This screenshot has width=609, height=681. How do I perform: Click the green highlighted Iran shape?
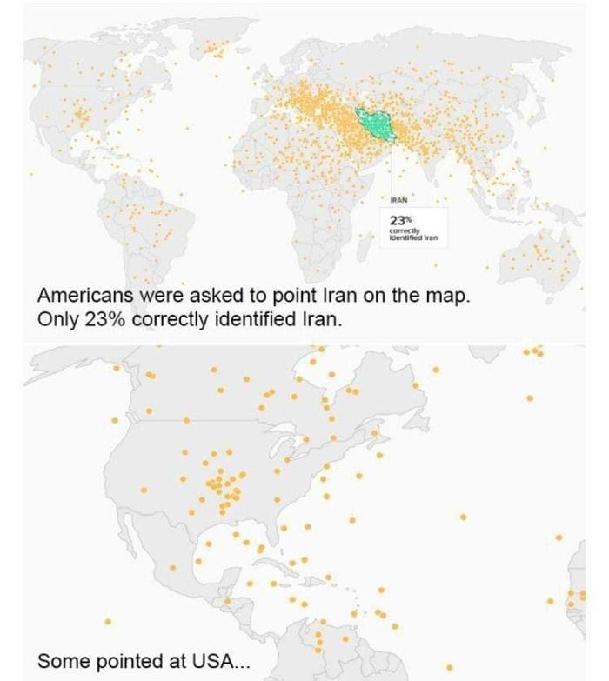tap(376, 126)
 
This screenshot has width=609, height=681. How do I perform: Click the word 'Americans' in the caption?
tap(83, 296)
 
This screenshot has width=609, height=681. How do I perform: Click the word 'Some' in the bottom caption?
tap(60, 661)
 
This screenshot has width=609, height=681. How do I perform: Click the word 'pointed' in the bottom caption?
tap(129, 661)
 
